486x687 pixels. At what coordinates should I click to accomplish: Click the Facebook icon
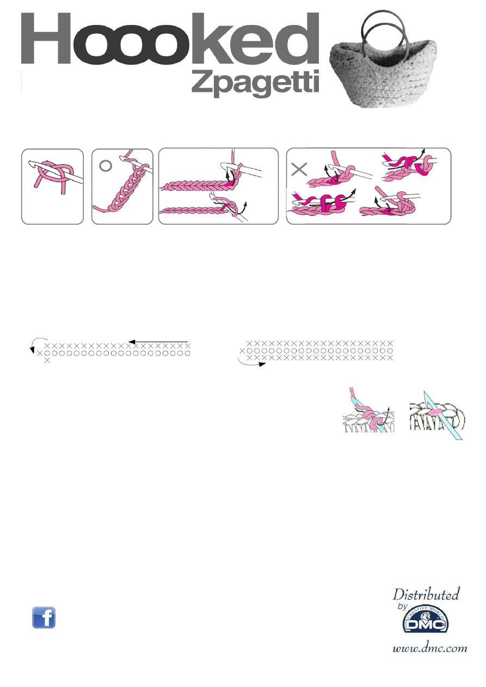click(x=44, y=617)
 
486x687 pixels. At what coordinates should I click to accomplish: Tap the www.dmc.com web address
click(x=430, y=648)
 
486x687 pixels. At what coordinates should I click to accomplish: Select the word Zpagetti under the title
click(x=255, y=83)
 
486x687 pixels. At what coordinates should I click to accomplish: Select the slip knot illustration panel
click(x=52, y=187)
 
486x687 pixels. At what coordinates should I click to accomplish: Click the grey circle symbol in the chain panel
click(x=106, y=165)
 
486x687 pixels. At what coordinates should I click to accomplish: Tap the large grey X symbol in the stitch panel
click(x=299, y=169)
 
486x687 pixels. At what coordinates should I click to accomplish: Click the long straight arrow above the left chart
click(x=158, y=342)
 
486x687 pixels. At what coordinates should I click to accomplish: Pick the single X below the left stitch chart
click(x=47, y=361)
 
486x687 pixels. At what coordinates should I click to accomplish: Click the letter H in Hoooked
click(x=46, y=38)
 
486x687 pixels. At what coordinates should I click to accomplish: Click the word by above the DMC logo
click(x=403, y=606)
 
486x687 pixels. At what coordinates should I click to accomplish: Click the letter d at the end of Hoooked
click(x=297, y=39)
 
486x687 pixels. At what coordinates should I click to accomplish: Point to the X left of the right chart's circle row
click(x=242, y=350)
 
